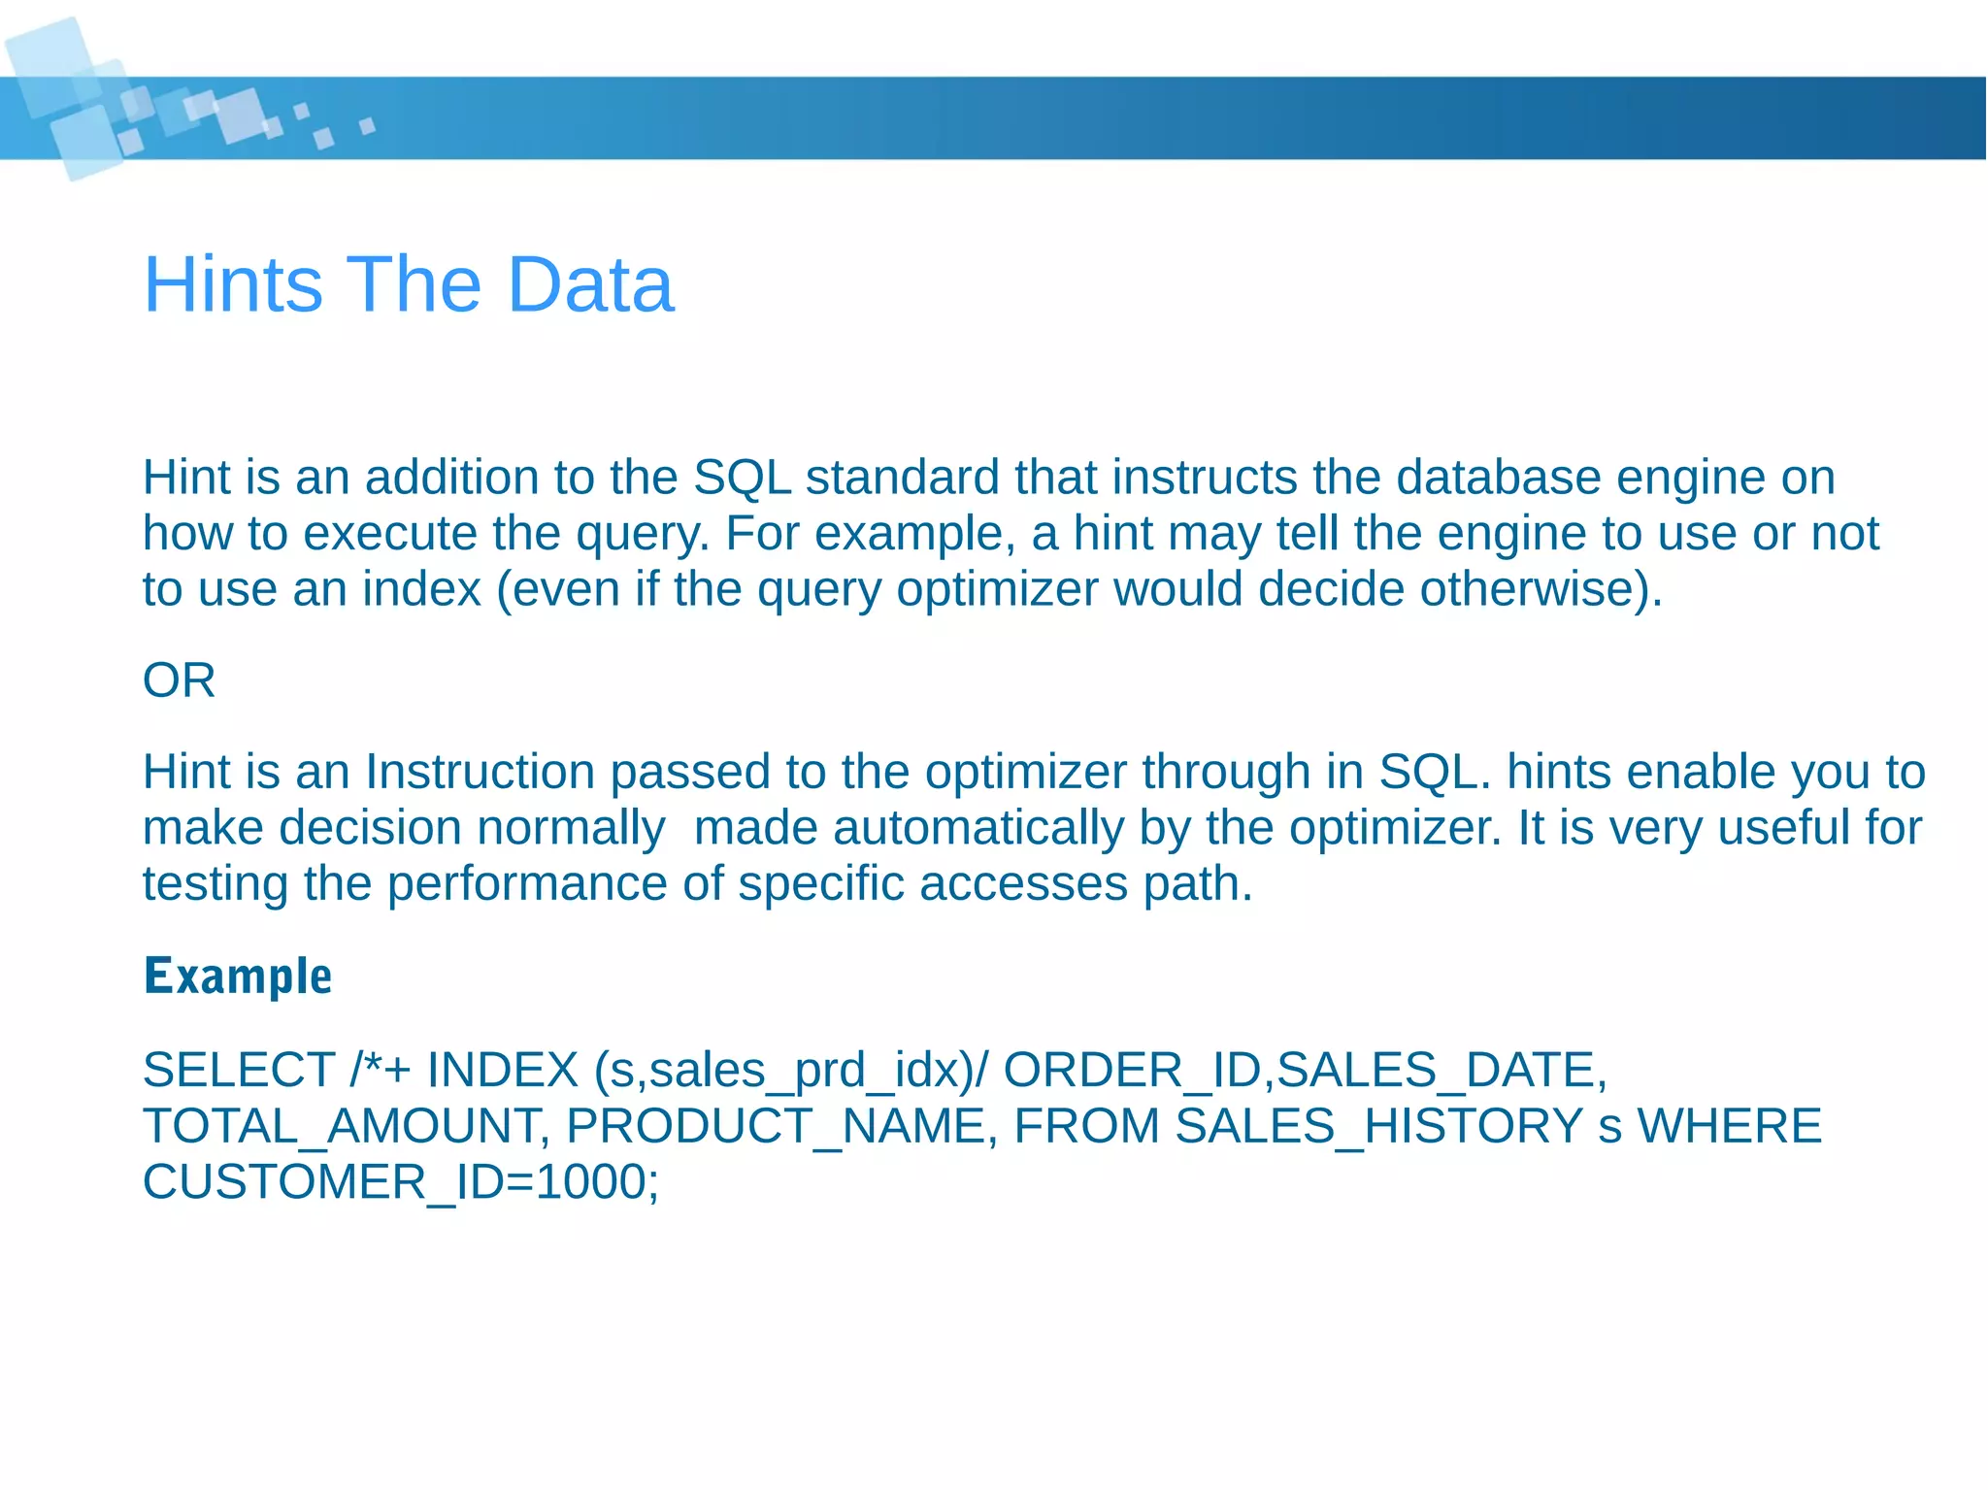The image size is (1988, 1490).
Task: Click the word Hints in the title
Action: (233, 284)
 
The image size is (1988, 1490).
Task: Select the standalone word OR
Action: (179, 679)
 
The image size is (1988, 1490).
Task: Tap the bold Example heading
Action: (238, 976)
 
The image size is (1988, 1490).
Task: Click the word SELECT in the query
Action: (239, 1070)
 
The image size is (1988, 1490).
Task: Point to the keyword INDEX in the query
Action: (502, 1070)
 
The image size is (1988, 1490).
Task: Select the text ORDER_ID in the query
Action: (1132, 1070)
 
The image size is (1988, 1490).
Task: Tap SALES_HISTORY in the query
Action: (1379, 1126)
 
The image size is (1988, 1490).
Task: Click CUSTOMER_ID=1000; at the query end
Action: (401, 1182)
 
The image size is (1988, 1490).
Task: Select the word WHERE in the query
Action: (1729, 1126)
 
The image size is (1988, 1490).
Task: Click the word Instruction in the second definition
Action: (480, 772)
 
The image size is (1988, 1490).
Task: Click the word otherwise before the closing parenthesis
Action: (1530, 589)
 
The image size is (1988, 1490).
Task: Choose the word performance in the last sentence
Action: (526, 883)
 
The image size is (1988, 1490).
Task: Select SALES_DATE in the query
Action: (1435, 1070)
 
